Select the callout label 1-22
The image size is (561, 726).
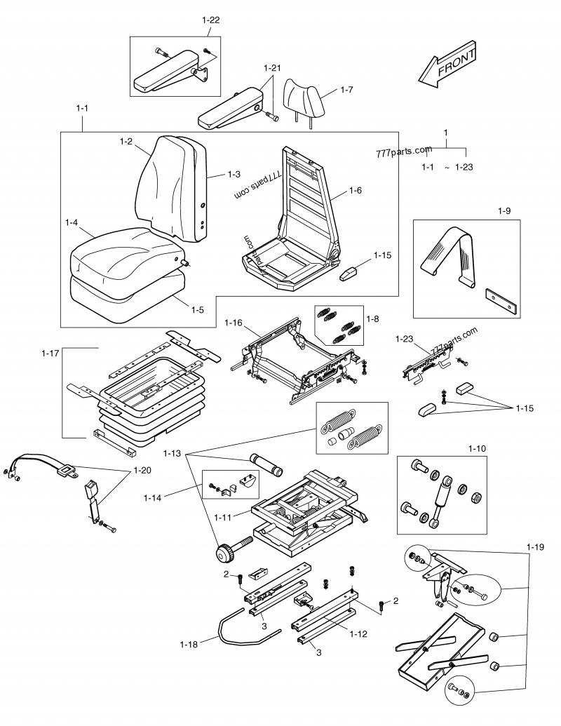pos(211,20)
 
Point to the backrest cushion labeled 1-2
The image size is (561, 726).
pos(172,186)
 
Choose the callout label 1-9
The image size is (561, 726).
pos(505,210)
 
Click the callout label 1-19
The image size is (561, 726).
pos(535,545)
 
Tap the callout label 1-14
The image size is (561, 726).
pos(153,497)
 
